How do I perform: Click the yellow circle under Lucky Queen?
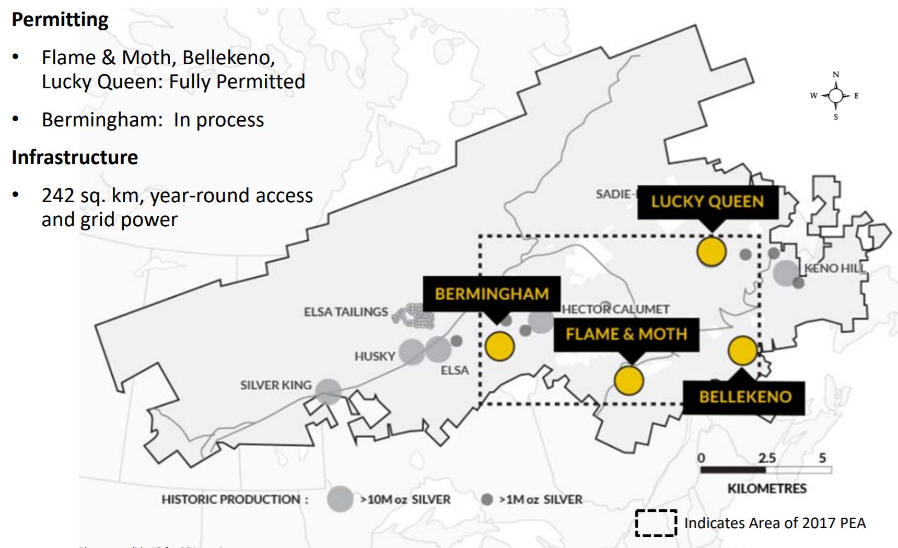click(711, 251)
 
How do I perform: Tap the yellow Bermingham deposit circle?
click(499, 346)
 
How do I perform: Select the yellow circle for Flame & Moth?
click(628, 380)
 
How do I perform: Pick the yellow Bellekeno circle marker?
click(742, 351)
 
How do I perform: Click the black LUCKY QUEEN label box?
click(707, 202)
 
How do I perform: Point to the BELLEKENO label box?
click(744, 397)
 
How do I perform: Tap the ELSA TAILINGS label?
click(346, 312)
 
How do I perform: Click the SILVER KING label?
click(275, 386)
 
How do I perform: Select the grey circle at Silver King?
click(328, 391)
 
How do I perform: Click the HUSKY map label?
click(375, 357)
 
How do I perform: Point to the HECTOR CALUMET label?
click(615, 309)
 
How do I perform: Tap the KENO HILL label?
click(834, 269)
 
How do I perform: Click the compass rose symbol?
click(835, 96)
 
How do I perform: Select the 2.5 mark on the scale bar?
click(766, 458)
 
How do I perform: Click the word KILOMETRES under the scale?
click(766, 488)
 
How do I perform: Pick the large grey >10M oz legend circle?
click(340, 499)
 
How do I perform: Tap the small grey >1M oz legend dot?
click(487, 499)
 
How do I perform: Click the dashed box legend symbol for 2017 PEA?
click(656, 523)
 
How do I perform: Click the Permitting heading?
click(60, 20)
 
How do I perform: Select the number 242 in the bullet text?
click(57, 195)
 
